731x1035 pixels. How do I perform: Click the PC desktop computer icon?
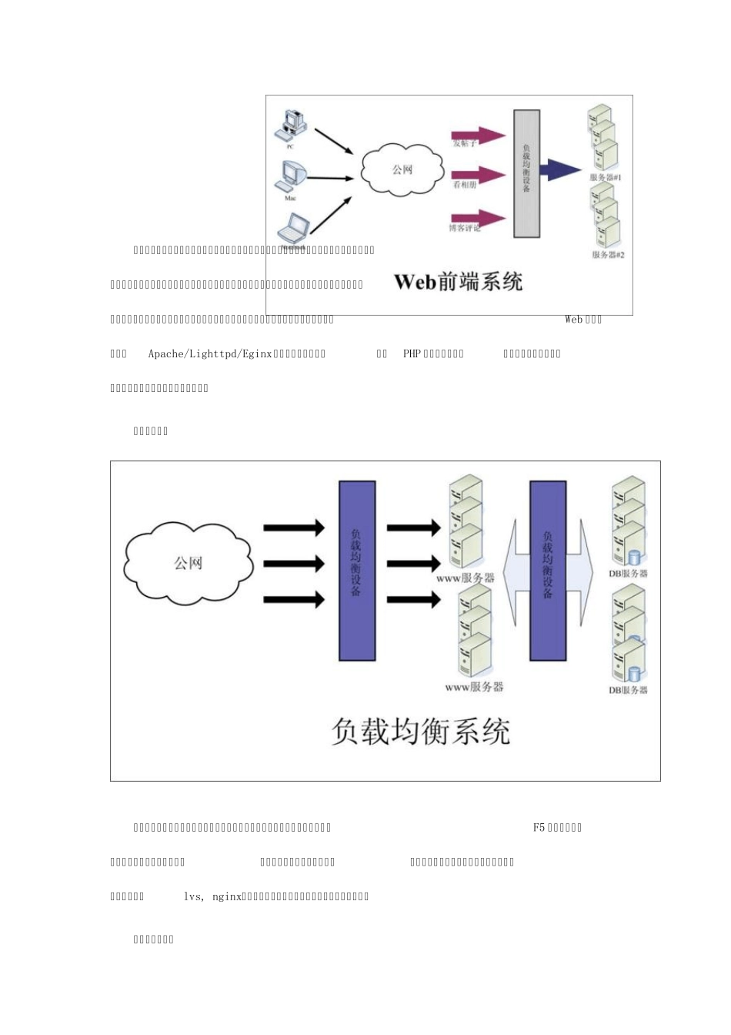pos(292,125)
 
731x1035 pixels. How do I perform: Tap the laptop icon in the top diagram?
pos(293,228)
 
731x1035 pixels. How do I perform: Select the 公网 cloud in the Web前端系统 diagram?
pos(402,169)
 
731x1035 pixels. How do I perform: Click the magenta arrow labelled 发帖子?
pos(478,136)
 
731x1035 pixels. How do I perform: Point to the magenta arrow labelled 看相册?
pos(478,176)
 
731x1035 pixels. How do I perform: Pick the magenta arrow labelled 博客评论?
pos(478,218)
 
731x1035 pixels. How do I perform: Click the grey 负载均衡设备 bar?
pos(527,173)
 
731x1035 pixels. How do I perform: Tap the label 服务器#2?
pos(608,255)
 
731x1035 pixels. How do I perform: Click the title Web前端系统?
pos(458,282)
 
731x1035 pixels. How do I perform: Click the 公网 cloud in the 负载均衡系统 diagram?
pos(189,563)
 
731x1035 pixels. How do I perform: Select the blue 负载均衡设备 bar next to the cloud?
pos(357,571)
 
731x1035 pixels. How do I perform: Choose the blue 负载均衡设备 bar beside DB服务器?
pos(548,571)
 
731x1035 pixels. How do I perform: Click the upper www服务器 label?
pos(466,577)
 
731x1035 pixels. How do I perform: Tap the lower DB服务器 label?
pos(628,690)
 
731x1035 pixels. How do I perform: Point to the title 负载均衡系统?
pos(420,732)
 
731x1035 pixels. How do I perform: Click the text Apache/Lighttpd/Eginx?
pos(210,354)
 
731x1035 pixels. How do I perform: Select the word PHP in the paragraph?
pos(412,354)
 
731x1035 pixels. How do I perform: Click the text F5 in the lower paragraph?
pos(539,828)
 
